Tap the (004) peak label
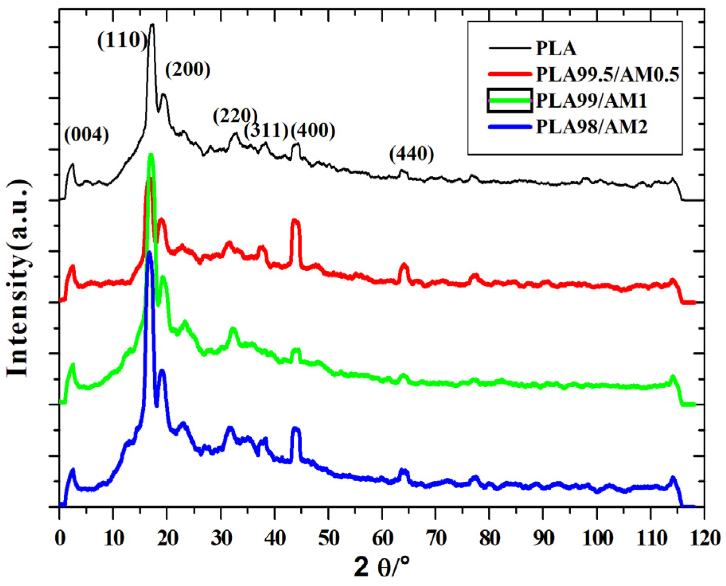86,135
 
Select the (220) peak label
235,116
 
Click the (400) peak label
313,131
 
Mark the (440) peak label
411,154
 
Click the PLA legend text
556,49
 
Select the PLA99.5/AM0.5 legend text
607,74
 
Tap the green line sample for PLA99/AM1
510,100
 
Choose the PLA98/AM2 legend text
591,127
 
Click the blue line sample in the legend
510,127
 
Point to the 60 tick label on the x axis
382,538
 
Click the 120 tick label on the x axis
704,538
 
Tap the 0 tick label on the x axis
60,538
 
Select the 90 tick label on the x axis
544,538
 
